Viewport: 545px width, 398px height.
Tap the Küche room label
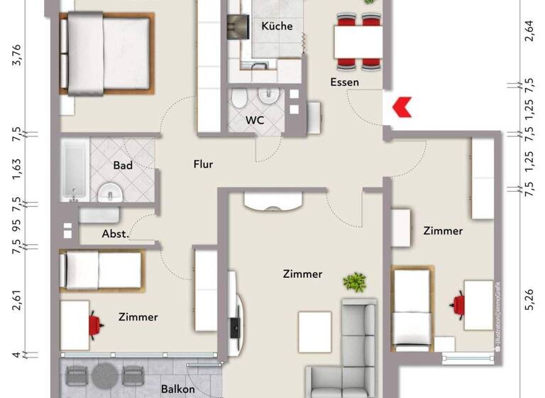[x=277, y=26]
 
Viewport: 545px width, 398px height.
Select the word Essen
[x=345, y=82]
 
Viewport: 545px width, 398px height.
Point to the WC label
[x=255, y=120]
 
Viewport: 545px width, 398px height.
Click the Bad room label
[x=123, y=165]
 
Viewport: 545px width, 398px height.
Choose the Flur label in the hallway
[x=203, y=164]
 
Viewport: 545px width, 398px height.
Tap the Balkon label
[x=177, y=389]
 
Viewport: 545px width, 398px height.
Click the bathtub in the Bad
[x=73, y=169]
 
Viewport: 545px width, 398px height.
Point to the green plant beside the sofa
[x=354, y=282]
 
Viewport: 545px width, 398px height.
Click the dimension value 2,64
[x=529, y=33]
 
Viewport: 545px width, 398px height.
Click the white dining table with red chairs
[x=358, y=41]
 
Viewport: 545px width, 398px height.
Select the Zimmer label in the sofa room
[x=302, y=274]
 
